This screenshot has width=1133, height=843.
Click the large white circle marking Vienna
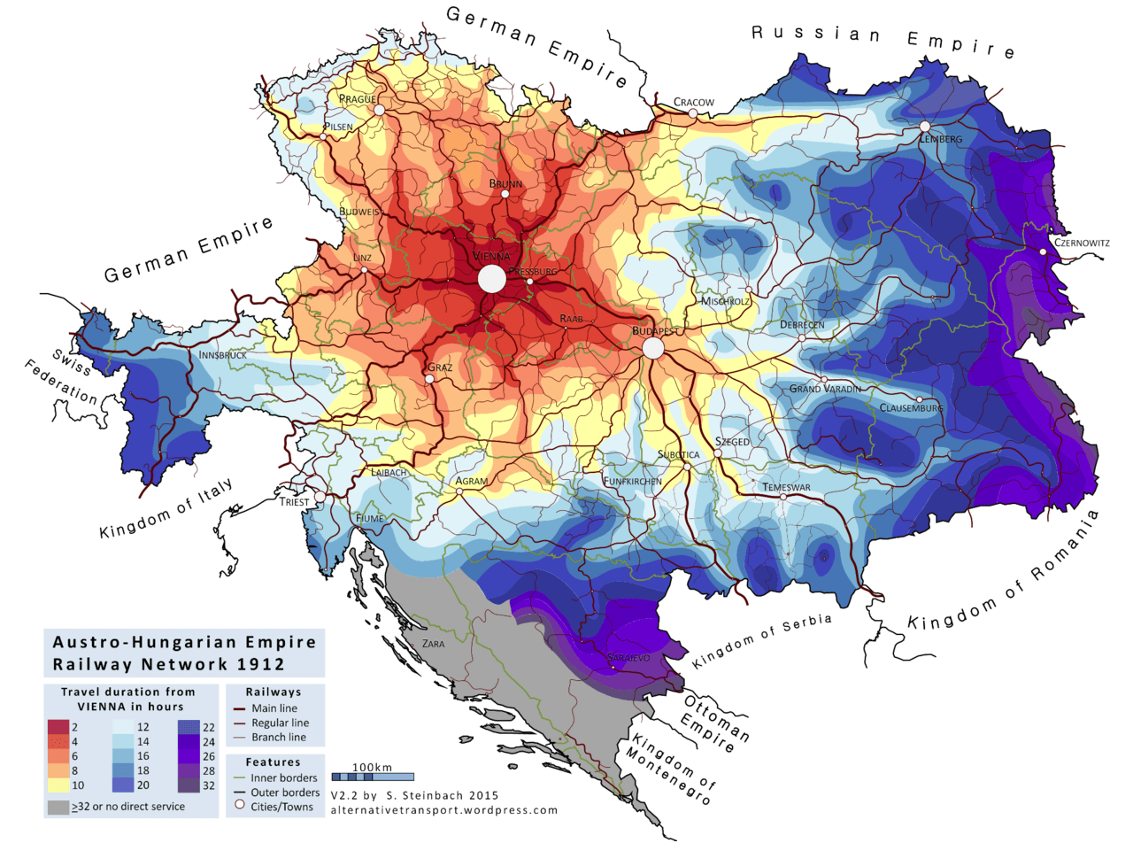(x=491, y=279)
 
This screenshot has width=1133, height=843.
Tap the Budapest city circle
(x=653, y=348)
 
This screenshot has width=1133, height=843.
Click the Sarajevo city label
(x=630, y=658)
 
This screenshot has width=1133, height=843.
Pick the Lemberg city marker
(x=925, y=127)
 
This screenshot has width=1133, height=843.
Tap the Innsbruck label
(x=222, y=355)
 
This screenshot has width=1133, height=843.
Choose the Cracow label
(x=694, y=103)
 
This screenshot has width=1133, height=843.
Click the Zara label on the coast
(x=434, y=644)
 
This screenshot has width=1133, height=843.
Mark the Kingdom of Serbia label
(x=762, y=642)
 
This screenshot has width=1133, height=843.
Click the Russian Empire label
(x=883, y=38)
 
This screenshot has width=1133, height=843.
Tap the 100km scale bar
(x=373, y=777)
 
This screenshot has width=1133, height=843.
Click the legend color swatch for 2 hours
(x=58, y=727)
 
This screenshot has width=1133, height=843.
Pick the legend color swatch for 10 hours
(x=58, y=785)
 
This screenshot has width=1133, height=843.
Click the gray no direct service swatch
(x=58, y=807)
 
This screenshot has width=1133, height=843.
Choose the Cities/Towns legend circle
(x=239, y=806)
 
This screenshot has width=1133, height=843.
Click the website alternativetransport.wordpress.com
(x=443, y=809)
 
